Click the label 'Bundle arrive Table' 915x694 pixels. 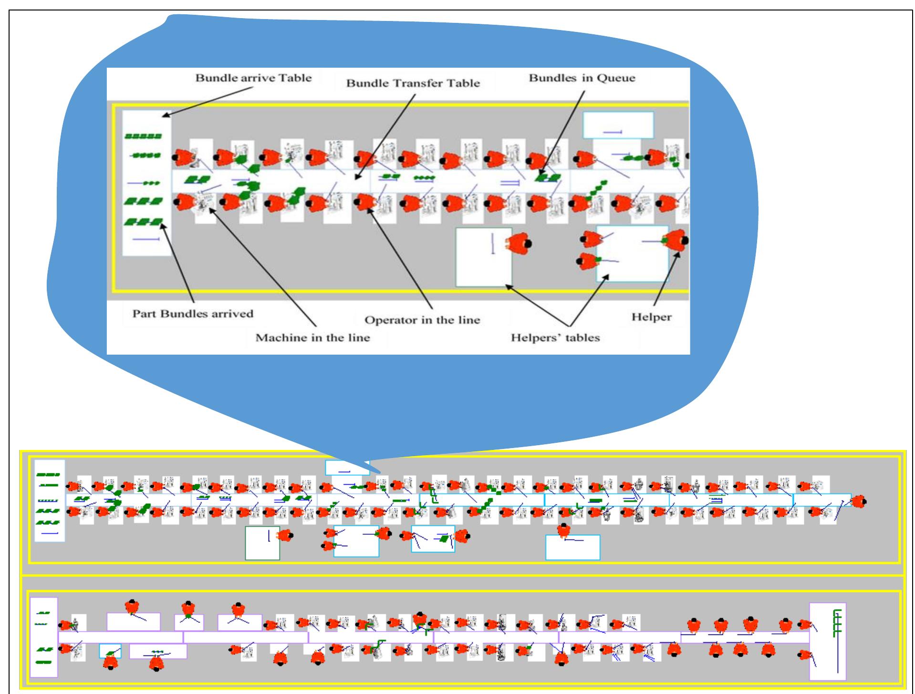(x=253, y=78)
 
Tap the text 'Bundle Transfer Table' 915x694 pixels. (x=413, y=83)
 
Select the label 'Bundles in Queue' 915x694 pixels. (x=582, y=78)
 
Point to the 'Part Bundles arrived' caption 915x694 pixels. (x=193, y=314)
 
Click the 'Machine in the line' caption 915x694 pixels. (x=312, y=337)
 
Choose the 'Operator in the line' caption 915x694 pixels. (x=422, y=319)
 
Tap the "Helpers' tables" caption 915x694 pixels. (x=555, y=337)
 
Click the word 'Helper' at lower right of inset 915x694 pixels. (x=651, y=316)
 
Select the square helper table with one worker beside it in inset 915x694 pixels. (x=483, y=257)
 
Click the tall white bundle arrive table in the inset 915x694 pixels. (x=146, y=184)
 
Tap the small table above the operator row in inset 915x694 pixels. (x=618, y=125)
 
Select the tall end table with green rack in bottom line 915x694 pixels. (x=827, y=641)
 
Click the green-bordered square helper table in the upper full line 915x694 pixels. (x=262, y=543)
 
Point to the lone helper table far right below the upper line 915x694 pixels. (x=572, y=547)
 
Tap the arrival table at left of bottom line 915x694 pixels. (x=43, y=637)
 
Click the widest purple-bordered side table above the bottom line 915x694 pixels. (x=134, y=621)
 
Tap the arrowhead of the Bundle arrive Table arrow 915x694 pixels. (x=165, y=115)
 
